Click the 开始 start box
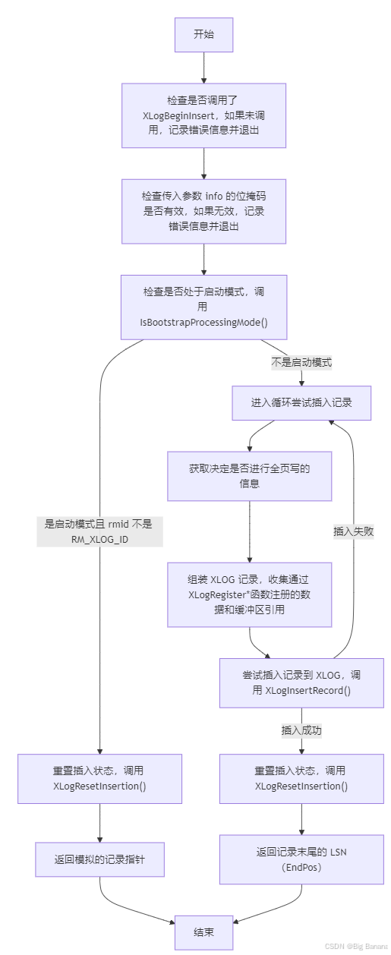click(x=203, y=35)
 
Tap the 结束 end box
click(x=203, y=932)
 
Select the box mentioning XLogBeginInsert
click(x=203, y=115)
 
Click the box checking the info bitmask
click(x=203, y=212)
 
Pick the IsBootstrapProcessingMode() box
click(x=203, y=307)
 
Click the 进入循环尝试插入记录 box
click(x=301, y=403)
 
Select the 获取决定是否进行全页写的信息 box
click(x=250, y=476)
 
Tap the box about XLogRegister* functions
click(x=250, y=594)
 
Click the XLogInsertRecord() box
click(x=301, y=683)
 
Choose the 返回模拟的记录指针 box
click(x=99, y=859)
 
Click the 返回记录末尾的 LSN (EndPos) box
click(x=301, y=859)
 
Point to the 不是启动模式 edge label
click(x=301, y=362)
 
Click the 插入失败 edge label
click(x=354, y=531)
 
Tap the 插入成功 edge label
click(x=301, y=730)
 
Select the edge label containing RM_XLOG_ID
click(x=99, y=531)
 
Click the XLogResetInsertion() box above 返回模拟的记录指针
click(x=99, y=778)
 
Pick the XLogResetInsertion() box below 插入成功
click(x=301, y=778)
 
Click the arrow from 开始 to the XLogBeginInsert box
click(x=203, y=68)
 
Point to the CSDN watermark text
click(x=357, y=946)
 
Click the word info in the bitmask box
click(x=214, y=196)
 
